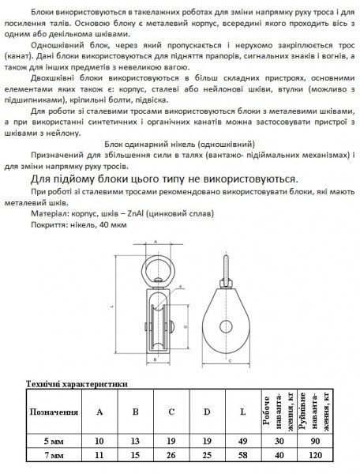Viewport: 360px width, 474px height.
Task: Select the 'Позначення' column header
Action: (x=54, y=412)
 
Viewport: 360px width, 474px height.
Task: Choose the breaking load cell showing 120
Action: (x=316, y=456)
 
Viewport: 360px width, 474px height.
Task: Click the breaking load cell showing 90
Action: (x=316, y=441)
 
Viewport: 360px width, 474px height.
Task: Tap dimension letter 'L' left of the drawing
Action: (x=114, y=307)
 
